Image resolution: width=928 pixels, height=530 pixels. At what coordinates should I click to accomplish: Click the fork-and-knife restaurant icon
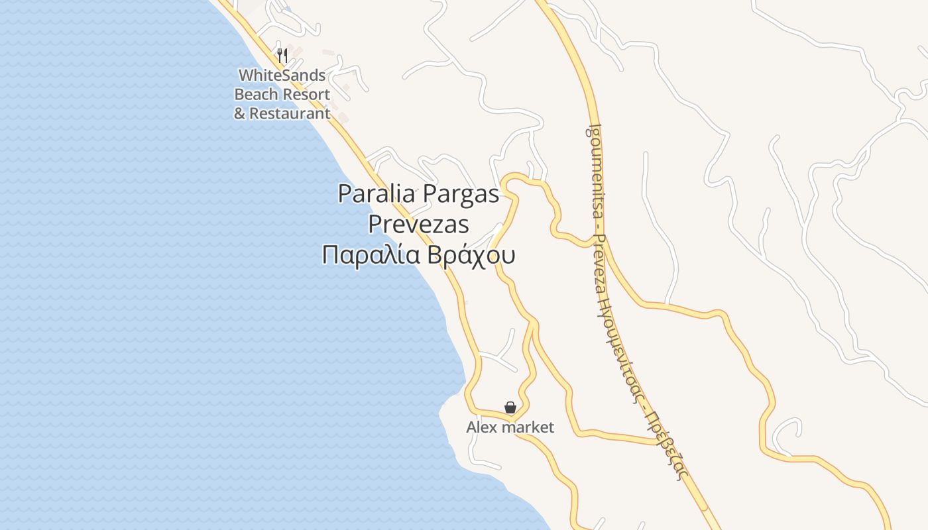(x=282, y=55)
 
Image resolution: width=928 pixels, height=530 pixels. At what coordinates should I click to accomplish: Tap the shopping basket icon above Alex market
(x=510, y=407)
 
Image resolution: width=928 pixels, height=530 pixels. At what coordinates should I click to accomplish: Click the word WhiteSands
(x=282, y=75)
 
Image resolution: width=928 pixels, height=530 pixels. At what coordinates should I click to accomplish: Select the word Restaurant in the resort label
(x=290, y=113)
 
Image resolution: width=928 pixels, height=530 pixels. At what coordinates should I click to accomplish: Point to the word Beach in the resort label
(x=255, y=94)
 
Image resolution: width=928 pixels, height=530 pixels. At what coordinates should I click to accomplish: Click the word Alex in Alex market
(x=482, y=427)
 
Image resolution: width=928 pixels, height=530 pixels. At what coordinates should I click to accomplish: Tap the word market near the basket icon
(x=528, y=427)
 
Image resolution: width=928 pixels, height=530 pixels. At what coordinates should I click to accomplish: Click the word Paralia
(x=377, y=194)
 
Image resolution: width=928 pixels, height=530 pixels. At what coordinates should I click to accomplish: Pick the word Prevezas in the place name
(x=418, y=225)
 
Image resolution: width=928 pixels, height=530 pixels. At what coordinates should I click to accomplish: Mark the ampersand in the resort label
(x=239, y=113)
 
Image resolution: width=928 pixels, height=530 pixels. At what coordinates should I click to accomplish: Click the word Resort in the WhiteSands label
(x=306, y=94)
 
